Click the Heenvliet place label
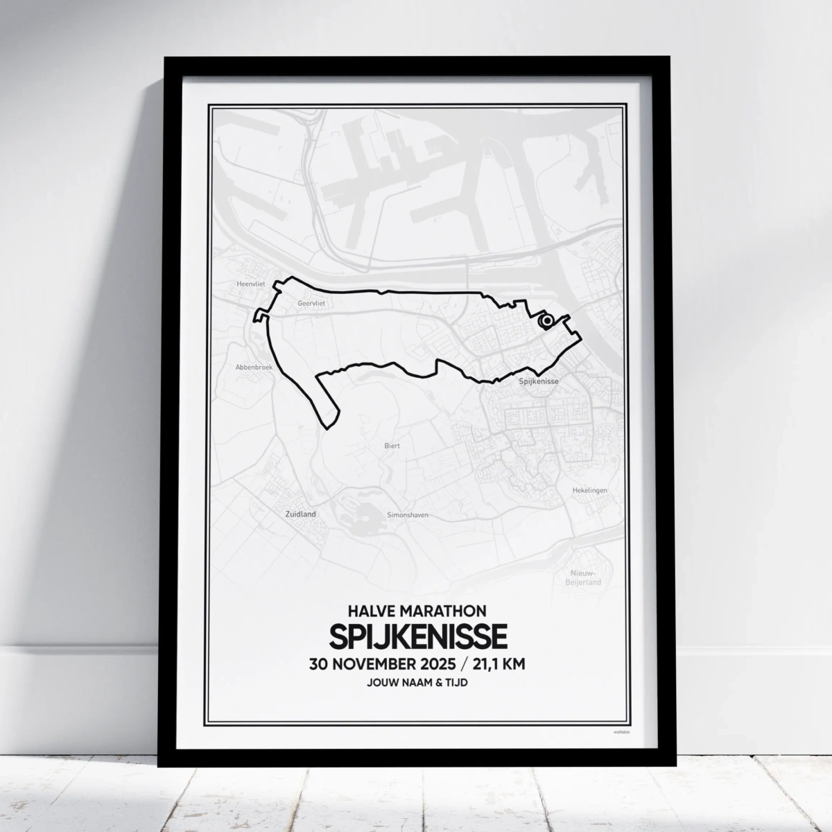coord(247,284)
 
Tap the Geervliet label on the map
coord(311,303)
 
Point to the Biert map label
coord(392,447)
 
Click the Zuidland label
coord(300,514)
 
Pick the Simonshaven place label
coord(407,516)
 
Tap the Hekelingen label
coord(589,490)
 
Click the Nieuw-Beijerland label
coord(585,578)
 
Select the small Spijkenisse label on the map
coord(539,381)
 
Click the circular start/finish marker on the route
coord(546,320)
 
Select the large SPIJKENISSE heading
coord(417,636)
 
